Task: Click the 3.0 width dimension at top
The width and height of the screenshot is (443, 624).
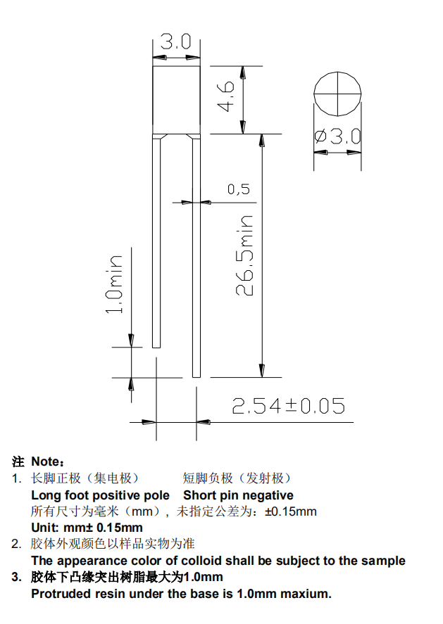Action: [175, 42]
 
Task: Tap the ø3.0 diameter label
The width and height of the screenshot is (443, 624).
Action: [337, 136]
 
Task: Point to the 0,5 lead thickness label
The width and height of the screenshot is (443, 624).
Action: [239, 189]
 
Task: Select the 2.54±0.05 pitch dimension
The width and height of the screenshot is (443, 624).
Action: [289, 406]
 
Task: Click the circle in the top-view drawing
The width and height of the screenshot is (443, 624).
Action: [337, 93]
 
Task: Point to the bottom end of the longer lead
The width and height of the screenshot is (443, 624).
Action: [197, 374]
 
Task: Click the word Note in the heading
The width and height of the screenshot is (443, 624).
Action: [47, 462]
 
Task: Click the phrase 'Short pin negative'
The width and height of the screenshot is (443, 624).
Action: [239, 495]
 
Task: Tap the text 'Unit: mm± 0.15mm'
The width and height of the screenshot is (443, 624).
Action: [87, 528]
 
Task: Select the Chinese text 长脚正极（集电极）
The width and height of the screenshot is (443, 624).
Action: [85, 478]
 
